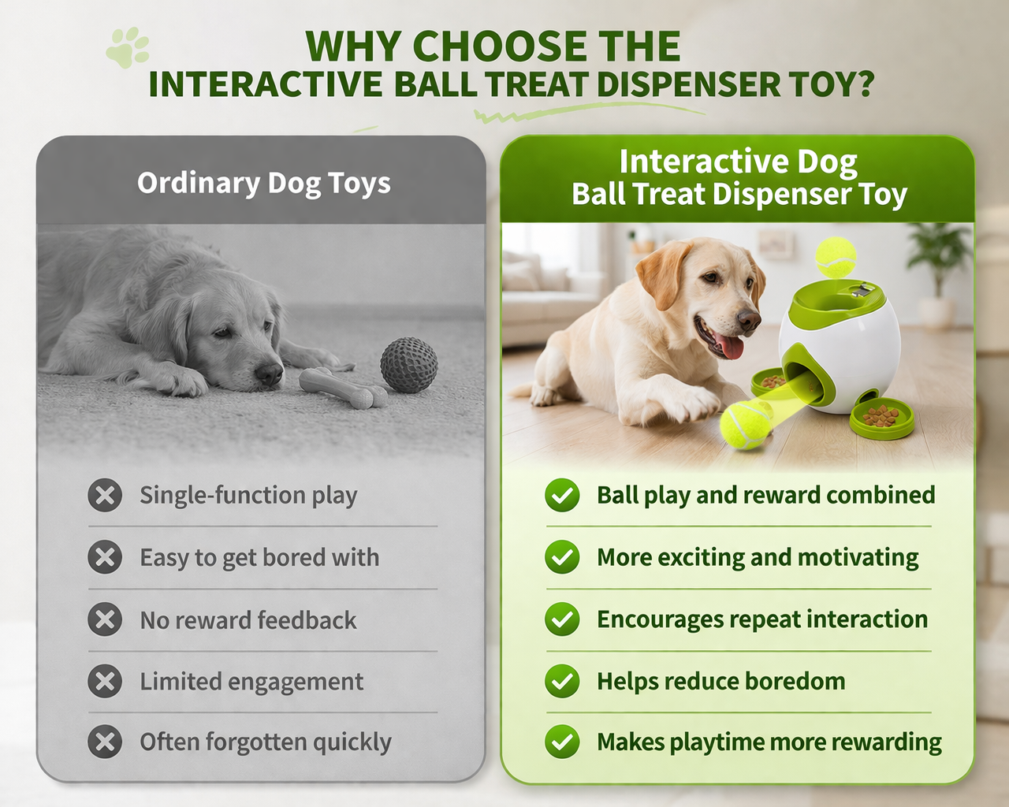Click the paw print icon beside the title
(x=127, y=47)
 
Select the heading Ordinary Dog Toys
(x=264, y=184)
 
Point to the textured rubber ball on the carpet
(x=409, y=365)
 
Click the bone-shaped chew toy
(x=343, y=388)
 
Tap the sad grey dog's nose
(x=269, y=374)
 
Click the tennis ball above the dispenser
(x=836, y=258)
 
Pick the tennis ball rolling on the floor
(x=746, y=425)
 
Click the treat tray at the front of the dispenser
(x=881, y=418)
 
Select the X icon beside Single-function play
(x=105, y=495)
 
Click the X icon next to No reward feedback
(x=105, y=619)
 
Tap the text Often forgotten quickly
(x=266, y=742)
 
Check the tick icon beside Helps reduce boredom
(x=562, y=681)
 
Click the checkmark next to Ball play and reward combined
(x=562, y=495)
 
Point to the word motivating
(x=858, y=558)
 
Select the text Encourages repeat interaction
(x=762, y=619)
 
